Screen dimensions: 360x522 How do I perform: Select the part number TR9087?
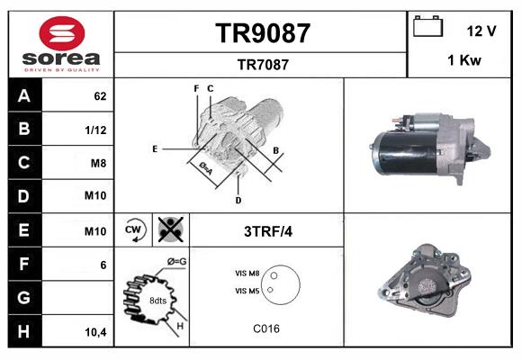[262, 33]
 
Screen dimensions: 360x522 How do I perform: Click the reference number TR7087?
[262, 64]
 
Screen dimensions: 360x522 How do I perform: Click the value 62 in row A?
[100, 95]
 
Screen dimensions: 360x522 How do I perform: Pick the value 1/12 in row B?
[96, 129]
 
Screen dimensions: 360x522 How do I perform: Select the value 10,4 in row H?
[95, 332]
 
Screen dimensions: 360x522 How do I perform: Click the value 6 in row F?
[103, 265]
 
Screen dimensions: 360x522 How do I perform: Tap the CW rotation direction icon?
[134, 229]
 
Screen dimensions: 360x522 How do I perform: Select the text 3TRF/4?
[268, 231]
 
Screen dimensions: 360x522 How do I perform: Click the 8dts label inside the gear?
[158, 301]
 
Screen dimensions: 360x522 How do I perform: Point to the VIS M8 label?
[247, 273]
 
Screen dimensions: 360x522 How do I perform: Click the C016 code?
[267, 328]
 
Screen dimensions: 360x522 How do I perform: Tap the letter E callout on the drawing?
[155, 148]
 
